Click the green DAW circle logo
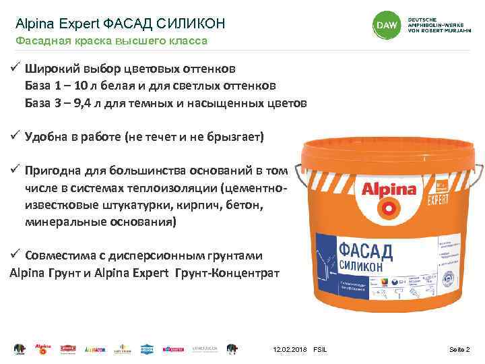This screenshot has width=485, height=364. [385, 25]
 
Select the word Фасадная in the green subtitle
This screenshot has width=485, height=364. [40, 42]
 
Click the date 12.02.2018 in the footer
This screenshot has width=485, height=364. [290, 349]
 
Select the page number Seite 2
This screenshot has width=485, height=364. [460, 349]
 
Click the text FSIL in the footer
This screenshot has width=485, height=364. [319, 349]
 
